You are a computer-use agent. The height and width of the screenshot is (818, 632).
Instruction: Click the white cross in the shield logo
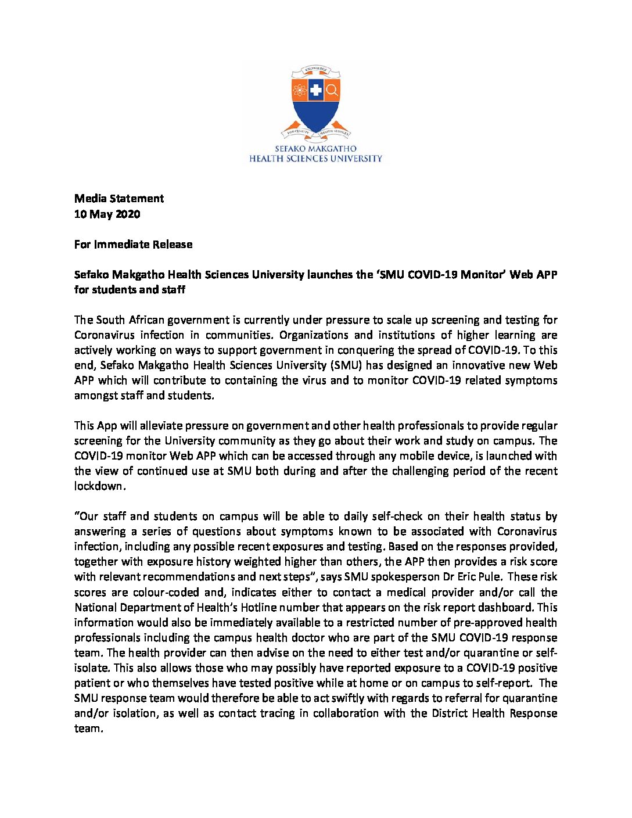pyautogui.click(x=316, y=90)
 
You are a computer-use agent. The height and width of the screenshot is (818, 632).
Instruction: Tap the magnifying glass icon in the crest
pyautogui.click(x=332, y=90)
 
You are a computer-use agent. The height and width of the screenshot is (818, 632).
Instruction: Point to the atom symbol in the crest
pyautogui.click(x=300, y=90)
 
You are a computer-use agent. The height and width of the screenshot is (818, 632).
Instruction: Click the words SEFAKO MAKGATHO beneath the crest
pyautogui.click(x=316, y=149)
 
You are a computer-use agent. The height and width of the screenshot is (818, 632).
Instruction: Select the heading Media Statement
pyautogui.click(x=119, y=199)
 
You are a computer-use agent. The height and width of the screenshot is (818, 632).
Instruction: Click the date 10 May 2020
pyautogui.click(x=107, y=214)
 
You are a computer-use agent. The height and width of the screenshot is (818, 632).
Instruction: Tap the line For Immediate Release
pyautogui.click(x=133, y=244)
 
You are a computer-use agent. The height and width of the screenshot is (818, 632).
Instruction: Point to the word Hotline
pyautogui.click(x=256, y=607)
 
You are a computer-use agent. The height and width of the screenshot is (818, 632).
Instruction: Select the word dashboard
pyautogui.click(x=505, y=607)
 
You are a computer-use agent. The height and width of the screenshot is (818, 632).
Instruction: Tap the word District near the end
pyautogui.click(x=451, y=713)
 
